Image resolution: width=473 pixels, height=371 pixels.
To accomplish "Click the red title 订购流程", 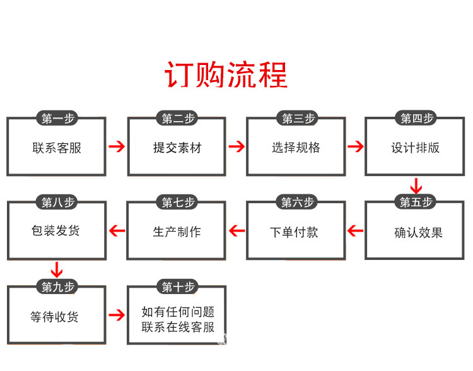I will tap(226, 74).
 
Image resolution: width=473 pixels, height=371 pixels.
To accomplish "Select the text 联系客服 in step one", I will tap(57, 148).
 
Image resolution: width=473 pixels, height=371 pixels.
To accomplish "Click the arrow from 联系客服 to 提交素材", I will tap(116, 148).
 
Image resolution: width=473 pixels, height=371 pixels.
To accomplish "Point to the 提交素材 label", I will tap(177, 148).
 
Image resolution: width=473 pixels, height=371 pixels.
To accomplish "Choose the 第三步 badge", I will tap(296, 119).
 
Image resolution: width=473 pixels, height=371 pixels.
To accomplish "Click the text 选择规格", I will tap(296, 148).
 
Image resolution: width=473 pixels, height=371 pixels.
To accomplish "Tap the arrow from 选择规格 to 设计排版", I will tap(356, 147).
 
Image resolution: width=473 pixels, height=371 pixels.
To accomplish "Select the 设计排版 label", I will tap(415, 148).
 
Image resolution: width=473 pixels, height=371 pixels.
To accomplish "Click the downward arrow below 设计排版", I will tap(416, 186).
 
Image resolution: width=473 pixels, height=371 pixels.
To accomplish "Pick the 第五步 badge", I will tap(416, 203).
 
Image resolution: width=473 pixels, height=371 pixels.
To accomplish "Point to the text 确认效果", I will tap(418, 232).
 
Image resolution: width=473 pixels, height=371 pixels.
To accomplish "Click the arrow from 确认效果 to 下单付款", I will tap(356, 231).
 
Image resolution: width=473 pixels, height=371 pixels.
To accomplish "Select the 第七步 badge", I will tap(178, 203).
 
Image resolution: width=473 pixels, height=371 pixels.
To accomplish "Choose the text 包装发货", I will tap(55, 231).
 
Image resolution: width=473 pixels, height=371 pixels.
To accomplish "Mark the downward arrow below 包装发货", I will tap(57, 271).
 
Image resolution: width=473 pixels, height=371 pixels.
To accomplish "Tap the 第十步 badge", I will tap(178, 288).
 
